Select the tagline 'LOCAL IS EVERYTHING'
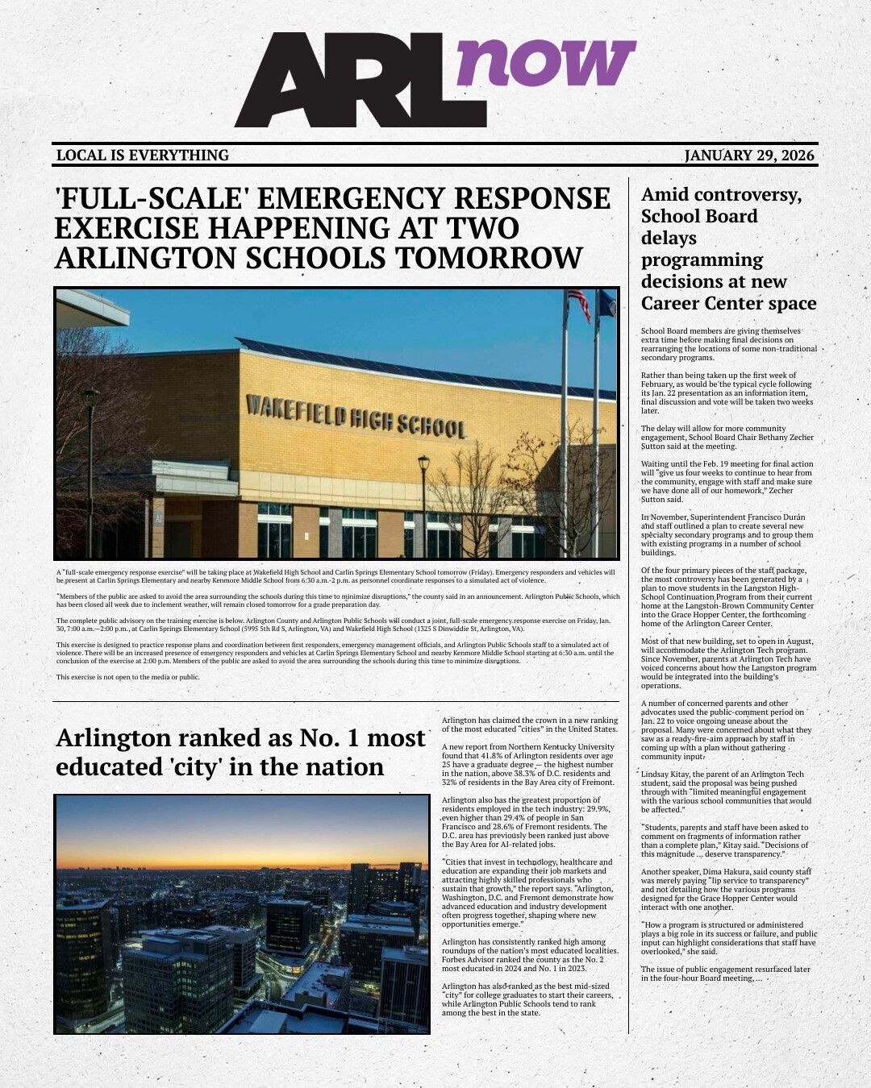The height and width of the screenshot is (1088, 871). coord(143,156)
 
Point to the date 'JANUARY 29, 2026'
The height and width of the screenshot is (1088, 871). coord(749,156)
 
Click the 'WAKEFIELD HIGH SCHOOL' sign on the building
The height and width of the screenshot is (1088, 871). coord(356,415)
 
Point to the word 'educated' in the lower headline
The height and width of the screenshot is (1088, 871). coord(110,766)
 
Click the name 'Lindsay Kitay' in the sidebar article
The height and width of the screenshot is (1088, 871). coord(669,774)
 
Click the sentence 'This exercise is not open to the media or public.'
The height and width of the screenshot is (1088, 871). coord(127,677)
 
